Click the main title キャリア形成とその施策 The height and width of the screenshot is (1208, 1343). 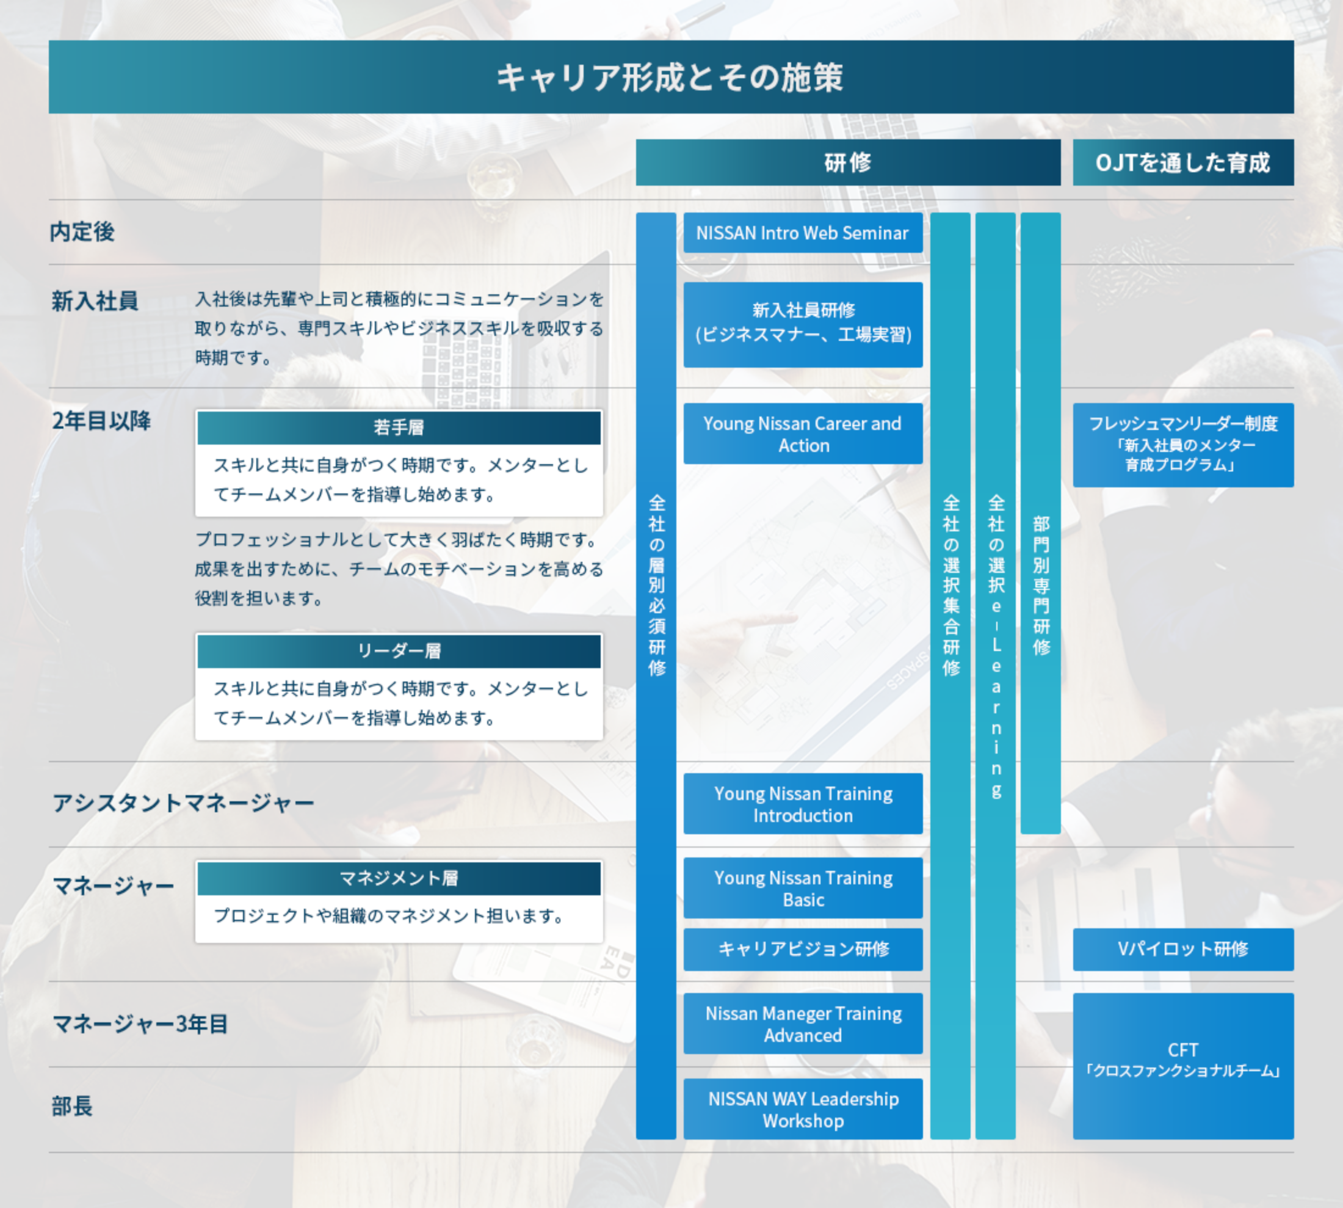(x=670, y=77)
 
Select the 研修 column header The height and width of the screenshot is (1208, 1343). (x=848, y=162)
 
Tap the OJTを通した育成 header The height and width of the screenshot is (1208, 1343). (x=1183, y=162)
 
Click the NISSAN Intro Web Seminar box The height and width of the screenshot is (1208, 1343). (x=803, y=232)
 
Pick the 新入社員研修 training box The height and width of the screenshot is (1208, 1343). (x=803, y=324)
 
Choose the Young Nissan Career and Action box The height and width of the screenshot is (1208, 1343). (x=803, y=434)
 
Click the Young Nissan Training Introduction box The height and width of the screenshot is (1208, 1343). (x=803, y=803)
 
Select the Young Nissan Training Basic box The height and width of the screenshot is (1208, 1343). (x=803, y=888)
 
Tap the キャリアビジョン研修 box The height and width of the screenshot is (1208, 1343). (x=803, y=949)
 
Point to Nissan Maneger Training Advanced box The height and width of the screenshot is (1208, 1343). (x=803, y=1024)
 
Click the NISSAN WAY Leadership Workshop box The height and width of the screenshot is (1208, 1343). (x=803, y=1109)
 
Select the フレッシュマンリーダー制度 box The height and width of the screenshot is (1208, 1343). (x=1183, y=445)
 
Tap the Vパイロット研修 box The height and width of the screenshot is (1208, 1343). (x=1183, y=949)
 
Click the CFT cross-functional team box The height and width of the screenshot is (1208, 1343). (x=1183, y=1066)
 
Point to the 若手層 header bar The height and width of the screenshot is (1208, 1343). (x=399, y=428)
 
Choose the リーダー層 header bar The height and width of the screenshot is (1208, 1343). (x=399, y=651)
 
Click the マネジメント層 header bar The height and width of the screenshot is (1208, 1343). (x=399, y=878)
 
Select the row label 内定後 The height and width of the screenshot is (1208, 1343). (x=82, y=231)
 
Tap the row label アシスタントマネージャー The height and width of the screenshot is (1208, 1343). (x=183, y=803)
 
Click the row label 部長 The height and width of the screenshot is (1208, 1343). (x=72, y=1107)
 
